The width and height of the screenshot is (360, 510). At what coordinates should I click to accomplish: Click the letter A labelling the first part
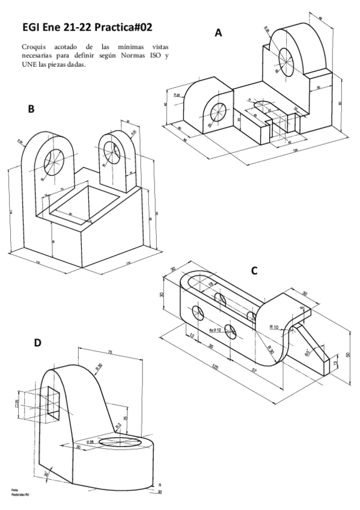219,34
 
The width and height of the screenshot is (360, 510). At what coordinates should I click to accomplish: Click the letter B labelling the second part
31,109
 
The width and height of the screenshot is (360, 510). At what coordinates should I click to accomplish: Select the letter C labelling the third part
254,271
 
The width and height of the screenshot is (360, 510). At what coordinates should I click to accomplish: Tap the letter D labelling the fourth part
37,343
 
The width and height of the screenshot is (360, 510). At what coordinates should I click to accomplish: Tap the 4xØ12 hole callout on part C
215,331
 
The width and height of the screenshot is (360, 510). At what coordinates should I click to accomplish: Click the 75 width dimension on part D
110,352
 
